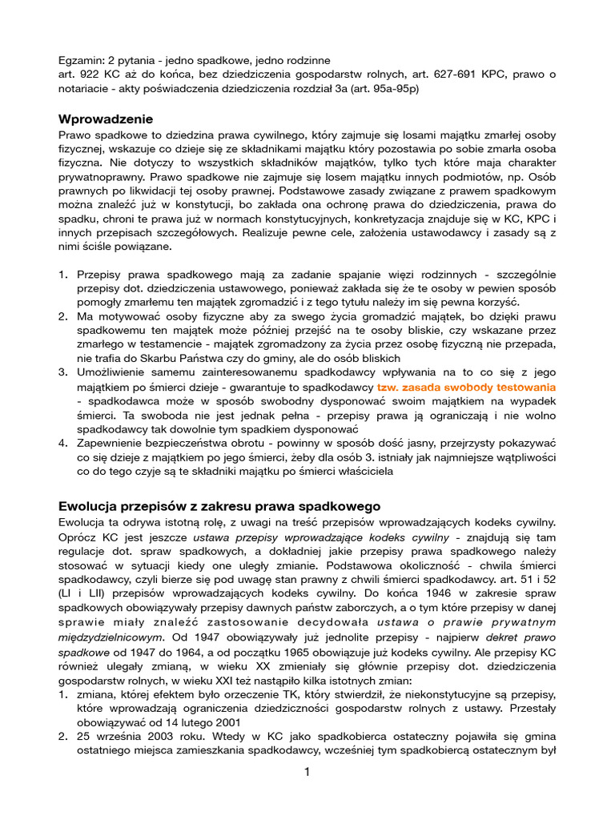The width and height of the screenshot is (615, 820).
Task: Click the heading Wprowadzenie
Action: click(x=106, y=119)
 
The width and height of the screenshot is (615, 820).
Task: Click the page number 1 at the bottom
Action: click(x=307, y=772)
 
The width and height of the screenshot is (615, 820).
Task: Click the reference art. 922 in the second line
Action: click(x=82, y=74)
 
